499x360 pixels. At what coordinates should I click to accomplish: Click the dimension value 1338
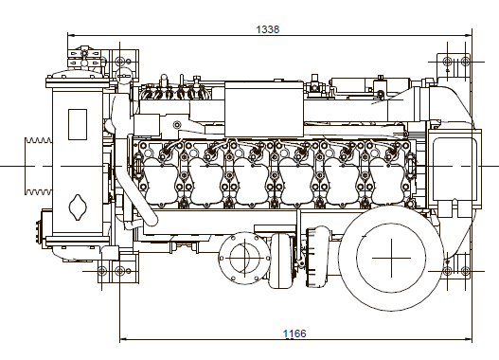pyautogui.click(x=268, y=29)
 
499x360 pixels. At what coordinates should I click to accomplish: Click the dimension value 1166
pyautogui.click(x=294, y=333)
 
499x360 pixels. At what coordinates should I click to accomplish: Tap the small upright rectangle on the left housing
pyautogui.click(x=78, y=124)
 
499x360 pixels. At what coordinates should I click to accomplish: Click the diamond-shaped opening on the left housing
pyautogui.click(x=78, y=207)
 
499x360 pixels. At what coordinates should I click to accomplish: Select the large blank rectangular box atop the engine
pyautogui.click(x=264, y=109)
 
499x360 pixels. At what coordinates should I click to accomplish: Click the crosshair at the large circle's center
pyautogui.click(x=391, y=258)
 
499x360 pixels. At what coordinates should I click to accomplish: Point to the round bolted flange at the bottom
pyautogui.click(x=244, y=258)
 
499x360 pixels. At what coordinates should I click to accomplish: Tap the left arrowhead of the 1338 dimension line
pyautogui.click(x=71, y=35)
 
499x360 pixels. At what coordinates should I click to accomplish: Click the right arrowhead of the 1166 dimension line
pyautogui.click(x=469, y=339)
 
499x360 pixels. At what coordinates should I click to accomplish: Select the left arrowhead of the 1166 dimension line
pyautogui.click(x=123, y=339)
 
